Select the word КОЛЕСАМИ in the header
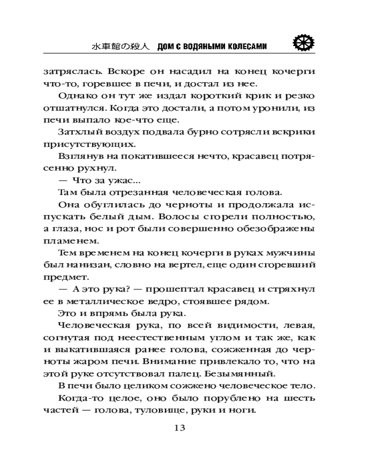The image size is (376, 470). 244,46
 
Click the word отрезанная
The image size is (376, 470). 122,193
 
